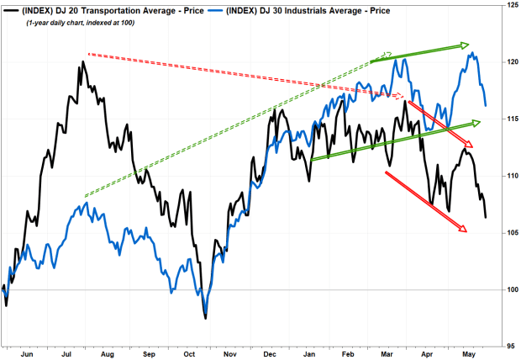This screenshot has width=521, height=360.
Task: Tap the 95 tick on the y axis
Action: (510, 346)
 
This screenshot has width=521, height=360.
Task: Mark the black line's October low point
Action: (205, 318)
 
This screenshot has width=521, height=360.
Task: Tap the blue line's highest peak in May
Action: (472, 54)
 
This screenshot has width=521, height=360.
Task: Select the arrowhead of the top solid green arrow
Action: (464, 45)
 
